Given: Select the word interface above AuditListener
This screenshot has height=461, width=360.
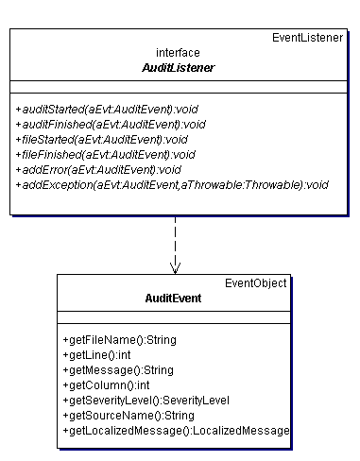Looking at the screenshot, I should [x=178, y=53].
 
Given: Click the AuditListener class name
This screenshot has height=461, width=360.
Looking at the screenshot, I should [x=178, y=68].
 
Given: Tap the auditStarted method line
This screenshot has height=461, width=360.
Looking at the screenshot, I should [x=111, y=109].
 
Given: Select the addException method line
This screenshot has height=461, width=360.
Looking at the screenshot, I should [x=171, y=184].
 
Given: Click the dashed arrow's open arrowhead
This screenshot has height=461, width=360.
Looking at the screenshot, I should [x=175, y=267].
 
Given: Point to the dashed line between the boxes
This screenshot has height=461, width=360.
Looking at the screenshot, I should [x=175, y=240].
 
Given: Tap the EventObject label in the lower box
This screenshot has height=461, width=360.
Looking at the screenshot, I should [x=256, y=282].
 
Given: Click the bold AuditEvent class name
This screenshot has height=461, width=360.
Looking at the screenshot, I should [x=173, y=298].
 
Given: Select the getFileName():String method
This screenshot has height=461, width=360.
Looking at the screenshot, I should [x=119, y=339].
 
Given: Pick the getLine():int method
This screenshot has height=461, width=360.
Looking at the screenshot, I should [x=96, y=354].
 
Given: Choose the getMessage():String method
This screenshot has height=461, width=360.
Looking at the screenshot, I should [x=118, y=369].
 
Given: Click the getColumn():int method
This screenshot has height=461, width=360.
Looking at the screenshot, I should [x=106, y=384].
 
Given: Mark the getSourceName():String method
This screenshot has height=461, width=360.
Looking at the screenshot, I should [x=128, y=415].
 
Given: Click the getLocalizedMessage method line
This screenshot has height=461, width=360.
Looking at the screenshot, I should [x=176, y=430].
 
